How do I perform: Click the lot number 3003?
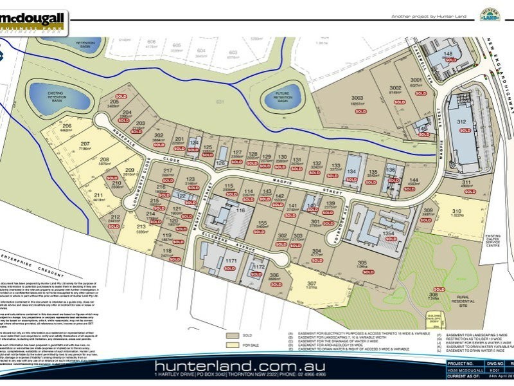[x=357, y=97]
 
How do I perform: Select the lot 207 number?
[x=85, y=143]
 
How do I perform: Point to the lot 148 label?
[x=448, y=54]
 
